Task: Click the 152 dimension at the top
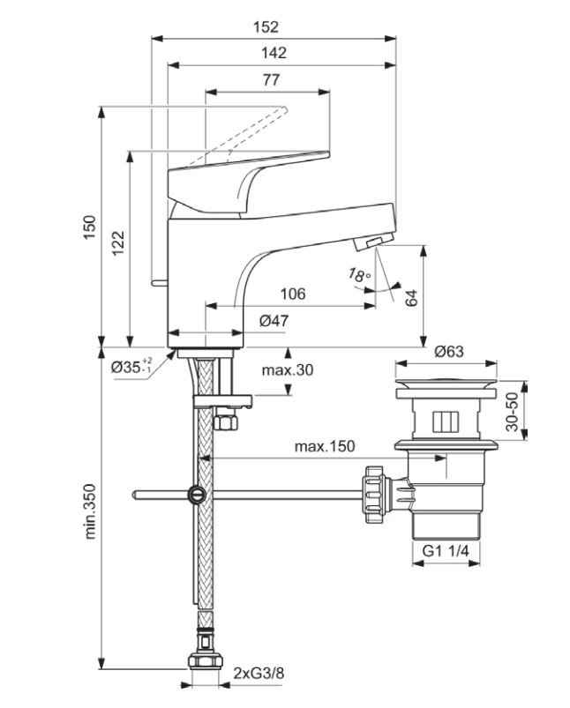266,27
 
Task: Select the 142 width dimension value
274,53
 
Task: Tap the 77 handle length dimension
271,80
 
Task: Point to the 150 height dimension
90,227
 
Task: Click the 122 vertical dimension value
118,244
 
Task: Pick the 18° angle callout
360,274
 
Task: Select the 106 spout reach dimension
293,294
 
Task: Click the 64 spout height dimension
411,299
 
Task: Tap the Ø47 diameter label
274,321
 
